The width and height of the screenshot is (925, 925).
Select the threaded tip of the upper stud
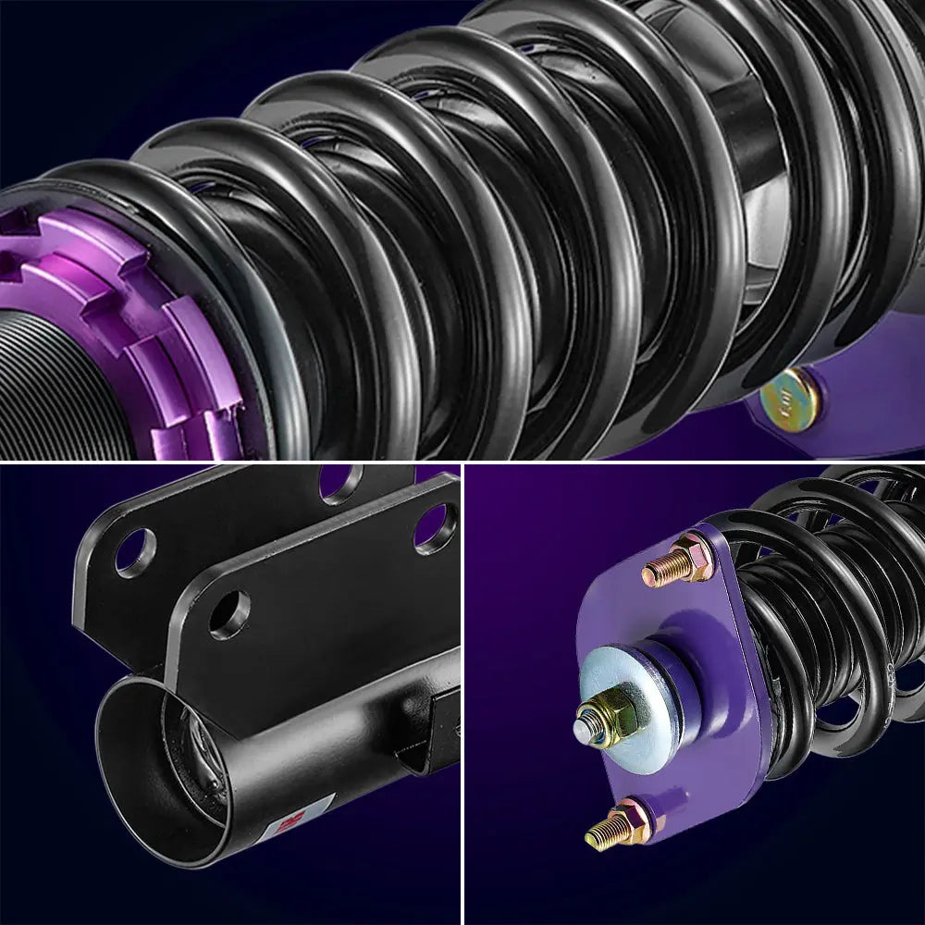(x=652, y=575)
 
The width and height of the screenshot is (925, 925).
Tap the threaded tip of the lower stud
(x=599, y=835)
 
